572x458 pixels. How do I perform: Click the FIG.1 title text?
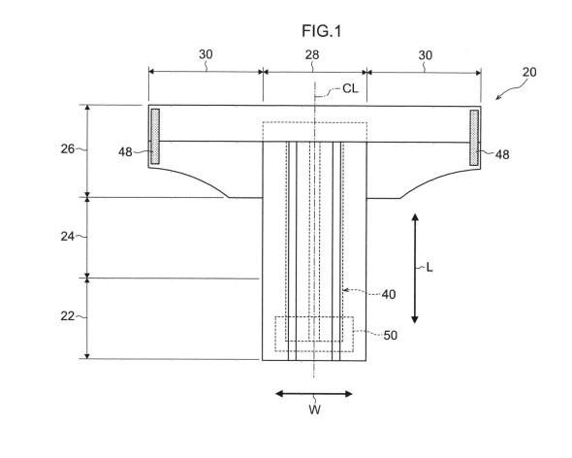pyautogui.click(x=321, y=31)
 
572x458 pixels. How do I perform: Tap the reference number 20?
pyautogui.click(x=529, y=72)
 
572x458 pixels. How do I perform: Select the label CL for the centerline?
pyautogui.click(x=350, y=88)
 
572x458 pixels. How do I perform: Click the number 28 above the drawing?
pyautogui.click(x=312, y=54)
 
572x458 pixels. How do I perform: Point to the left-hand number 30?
pyautogui.click(x=206, y=54)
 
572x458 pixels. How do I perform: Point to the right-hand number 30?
pyautogui.click(x=426, y=55)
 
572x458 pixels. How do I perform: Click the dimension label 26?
pyautogui.click(x=68, y=149)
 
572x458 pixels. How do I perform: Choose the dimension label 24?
pyautogui.click(x=68, y=237)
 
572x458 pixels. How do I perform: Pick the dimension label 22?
pyautogui.click(x=68, y=316)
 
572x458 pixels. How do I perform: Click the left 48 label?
pyautogui.click(x=125, y=152)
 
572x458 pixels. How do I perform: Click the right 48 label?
pyautogui.click(x=502, y=155)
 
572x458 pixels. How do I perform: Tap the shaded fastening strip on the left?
pyautogui.click(x=155, y=136)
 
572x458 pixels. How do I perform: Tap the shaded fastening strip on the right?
pyautogui.click(x=474, y=138)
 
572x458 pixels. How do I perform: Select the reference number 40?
pyautogui.click(x=389, y=294)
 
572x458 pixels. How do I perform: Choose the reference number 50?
pyautogui.click(x=391, y=336)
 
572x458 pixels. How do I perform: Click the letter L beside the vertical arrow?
pyautogui.click(x=429, y=268)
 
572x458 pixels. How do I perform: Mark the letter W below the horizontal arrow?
pyautogui.click(x=314, y=409)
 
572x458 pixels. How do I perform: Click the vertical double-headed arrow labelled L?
pyautogui.click(x=415, y=269)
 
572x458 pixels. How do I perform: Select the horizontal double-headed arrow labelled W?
pyautogui.click(x=314, y=394)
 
